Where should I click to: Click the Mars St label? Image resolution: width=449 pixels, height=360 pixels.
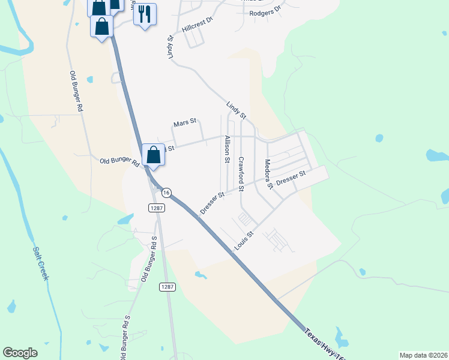point(185,123)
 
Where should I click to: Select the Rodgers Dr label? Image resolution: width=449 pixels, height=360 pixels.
point(265,12)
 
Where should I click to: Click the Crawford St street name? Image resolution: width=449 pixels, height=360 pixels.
point(241,174)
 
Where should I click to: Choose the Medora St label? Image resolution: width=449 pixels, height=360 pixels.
point(268,175)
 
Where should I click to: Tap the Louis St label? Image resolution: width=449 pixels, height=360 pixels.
point(244,241)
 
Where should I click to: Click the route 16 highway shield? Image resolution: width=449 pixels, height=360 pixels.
point(166,192)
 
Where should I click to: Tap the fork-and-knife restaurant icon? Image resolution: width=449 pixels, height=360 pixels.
point(145,14)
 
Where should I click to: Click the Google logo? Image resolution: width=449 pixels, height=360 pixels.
point(20,353)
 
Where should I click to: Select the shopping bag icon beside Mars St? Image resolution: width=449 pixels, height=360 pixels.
point(153,154)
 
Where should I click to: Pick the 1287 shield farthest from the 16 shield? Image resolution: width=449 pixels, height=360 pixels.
point(167,287)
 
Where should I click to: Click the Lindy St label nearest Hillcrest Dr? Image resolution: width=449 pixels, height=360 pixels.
point(170,47)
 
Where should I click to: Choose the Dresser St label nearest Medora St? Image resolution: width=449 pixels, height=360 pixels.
point(291,178)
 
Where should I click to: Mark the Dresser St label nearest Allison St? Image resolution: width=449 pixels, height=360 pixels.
point(212,203)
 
